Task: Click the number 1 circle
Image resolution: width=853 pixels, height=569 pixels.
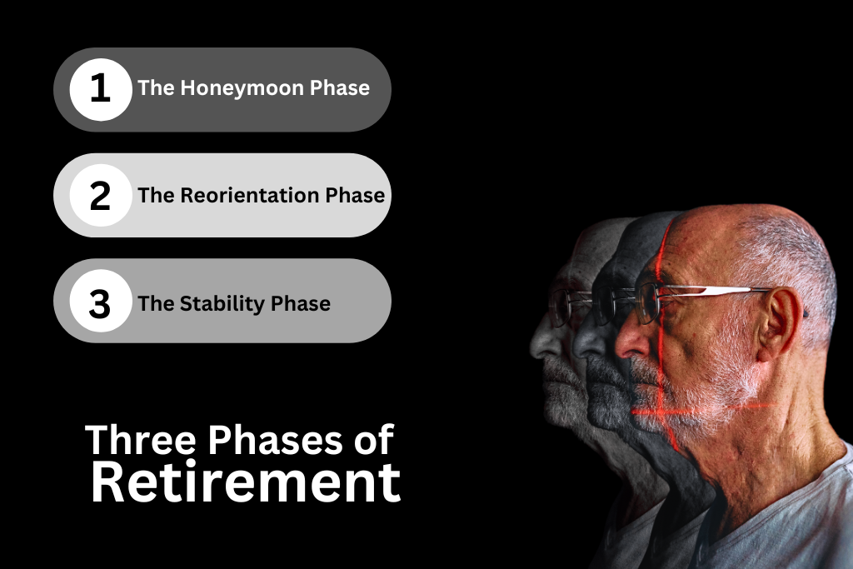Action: pos(101,90)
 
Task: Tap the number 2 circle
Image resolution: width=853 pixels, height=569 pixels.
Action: pos(101,195)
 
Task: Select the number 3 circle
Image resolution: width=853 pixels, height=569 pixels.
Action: pos(101,301)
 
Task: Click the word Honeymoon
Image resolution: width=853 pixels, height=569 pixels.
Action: pos(242,88)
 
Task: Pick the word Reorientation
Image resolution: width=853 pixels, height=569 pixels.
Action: pos(250,195)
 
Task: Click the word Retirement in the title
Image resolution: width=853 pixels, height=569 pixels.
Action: pos(246,482)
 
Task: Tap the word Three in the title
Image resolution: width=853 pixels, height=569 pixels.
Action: pos(140,440)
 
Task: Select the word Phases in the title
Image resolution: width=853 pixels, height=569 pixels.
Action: pos(275,440)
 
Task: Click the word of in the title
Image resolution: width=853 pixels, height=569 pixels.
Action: pos(374,440)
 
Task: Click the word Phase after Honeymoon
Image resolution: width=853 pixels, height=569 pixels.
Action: pos(340,88)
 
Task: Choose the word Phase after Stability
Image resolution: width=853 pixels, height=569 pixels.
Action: pos(300,303)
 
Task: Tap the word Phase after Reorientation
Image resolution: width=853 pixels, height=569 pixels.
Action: pos(355,195)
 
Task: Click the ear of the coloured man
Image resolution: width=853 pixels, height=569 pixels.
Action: pos(778,325)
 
